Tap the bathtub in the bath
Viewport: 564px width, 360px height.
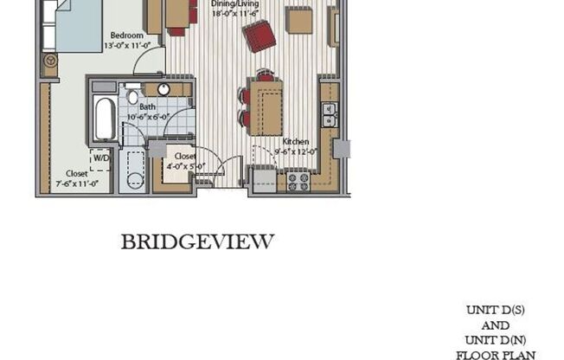[105, 119]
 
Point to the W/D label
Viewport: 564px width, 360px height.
[102, 158]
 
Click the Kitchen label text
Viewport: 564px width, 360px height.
[296, 140]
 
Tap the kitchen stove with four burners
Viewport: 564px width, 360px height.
[299, 181]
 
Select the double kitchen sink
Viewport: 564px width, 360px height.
[329, 113]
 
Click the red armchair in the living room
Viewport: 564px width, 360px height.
[259, 36]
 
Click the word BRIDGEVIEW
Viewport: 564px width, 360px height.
[197, 241]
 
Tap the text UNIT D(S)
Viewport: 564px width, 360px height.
[499, 309]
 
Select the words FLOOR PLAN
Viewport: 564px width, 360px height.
[499, 355]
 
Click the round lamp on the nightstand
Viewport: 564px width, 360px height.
[50, 62]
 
